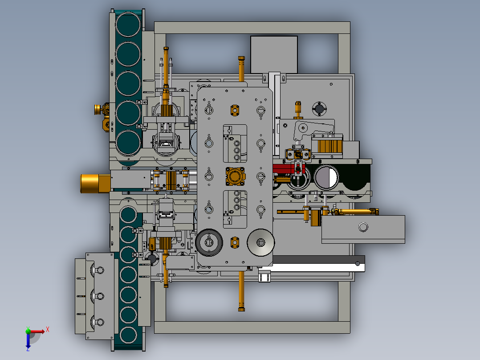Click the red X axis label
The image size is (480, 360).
pos(48,330)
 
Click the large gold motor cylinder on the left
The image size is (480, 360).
pos(95,184)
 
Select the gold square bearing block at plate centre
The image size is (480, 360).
pos(236,176)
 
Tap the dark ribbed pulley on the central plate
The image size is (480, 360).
pos(209,242)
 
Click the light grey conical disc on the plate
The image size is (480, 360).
pos(260,242)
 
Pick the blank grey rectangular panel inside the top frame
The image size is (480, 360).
pos(274,54)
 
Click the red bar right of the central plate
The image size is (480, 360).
pos(283,168)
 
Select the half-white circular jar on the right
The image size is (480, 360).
pos(326,177)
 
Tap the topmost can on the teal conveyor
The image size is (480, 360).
pos(128,24)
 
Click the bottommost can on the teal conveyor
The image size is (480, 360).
pos(128,335)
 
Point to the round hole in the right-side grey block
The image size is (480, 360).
pos(363,227)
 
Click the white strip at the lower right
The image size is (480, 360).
pos(312,268)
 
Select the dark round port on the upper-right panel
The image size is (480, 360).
pos(319,109)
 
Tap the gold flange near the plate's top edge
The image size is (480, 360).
pos(235,110)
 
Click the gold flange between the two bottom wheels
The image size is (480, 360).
pos(235,242)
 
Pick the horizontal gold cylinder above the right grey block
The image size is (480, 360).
pos(356,211)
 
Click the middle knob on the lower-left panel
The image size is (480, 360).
pos(98,296)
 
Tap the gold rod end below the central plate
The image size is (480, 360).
pos(241,310)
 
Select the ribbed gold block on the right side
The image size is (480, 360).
pos(329,147)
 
